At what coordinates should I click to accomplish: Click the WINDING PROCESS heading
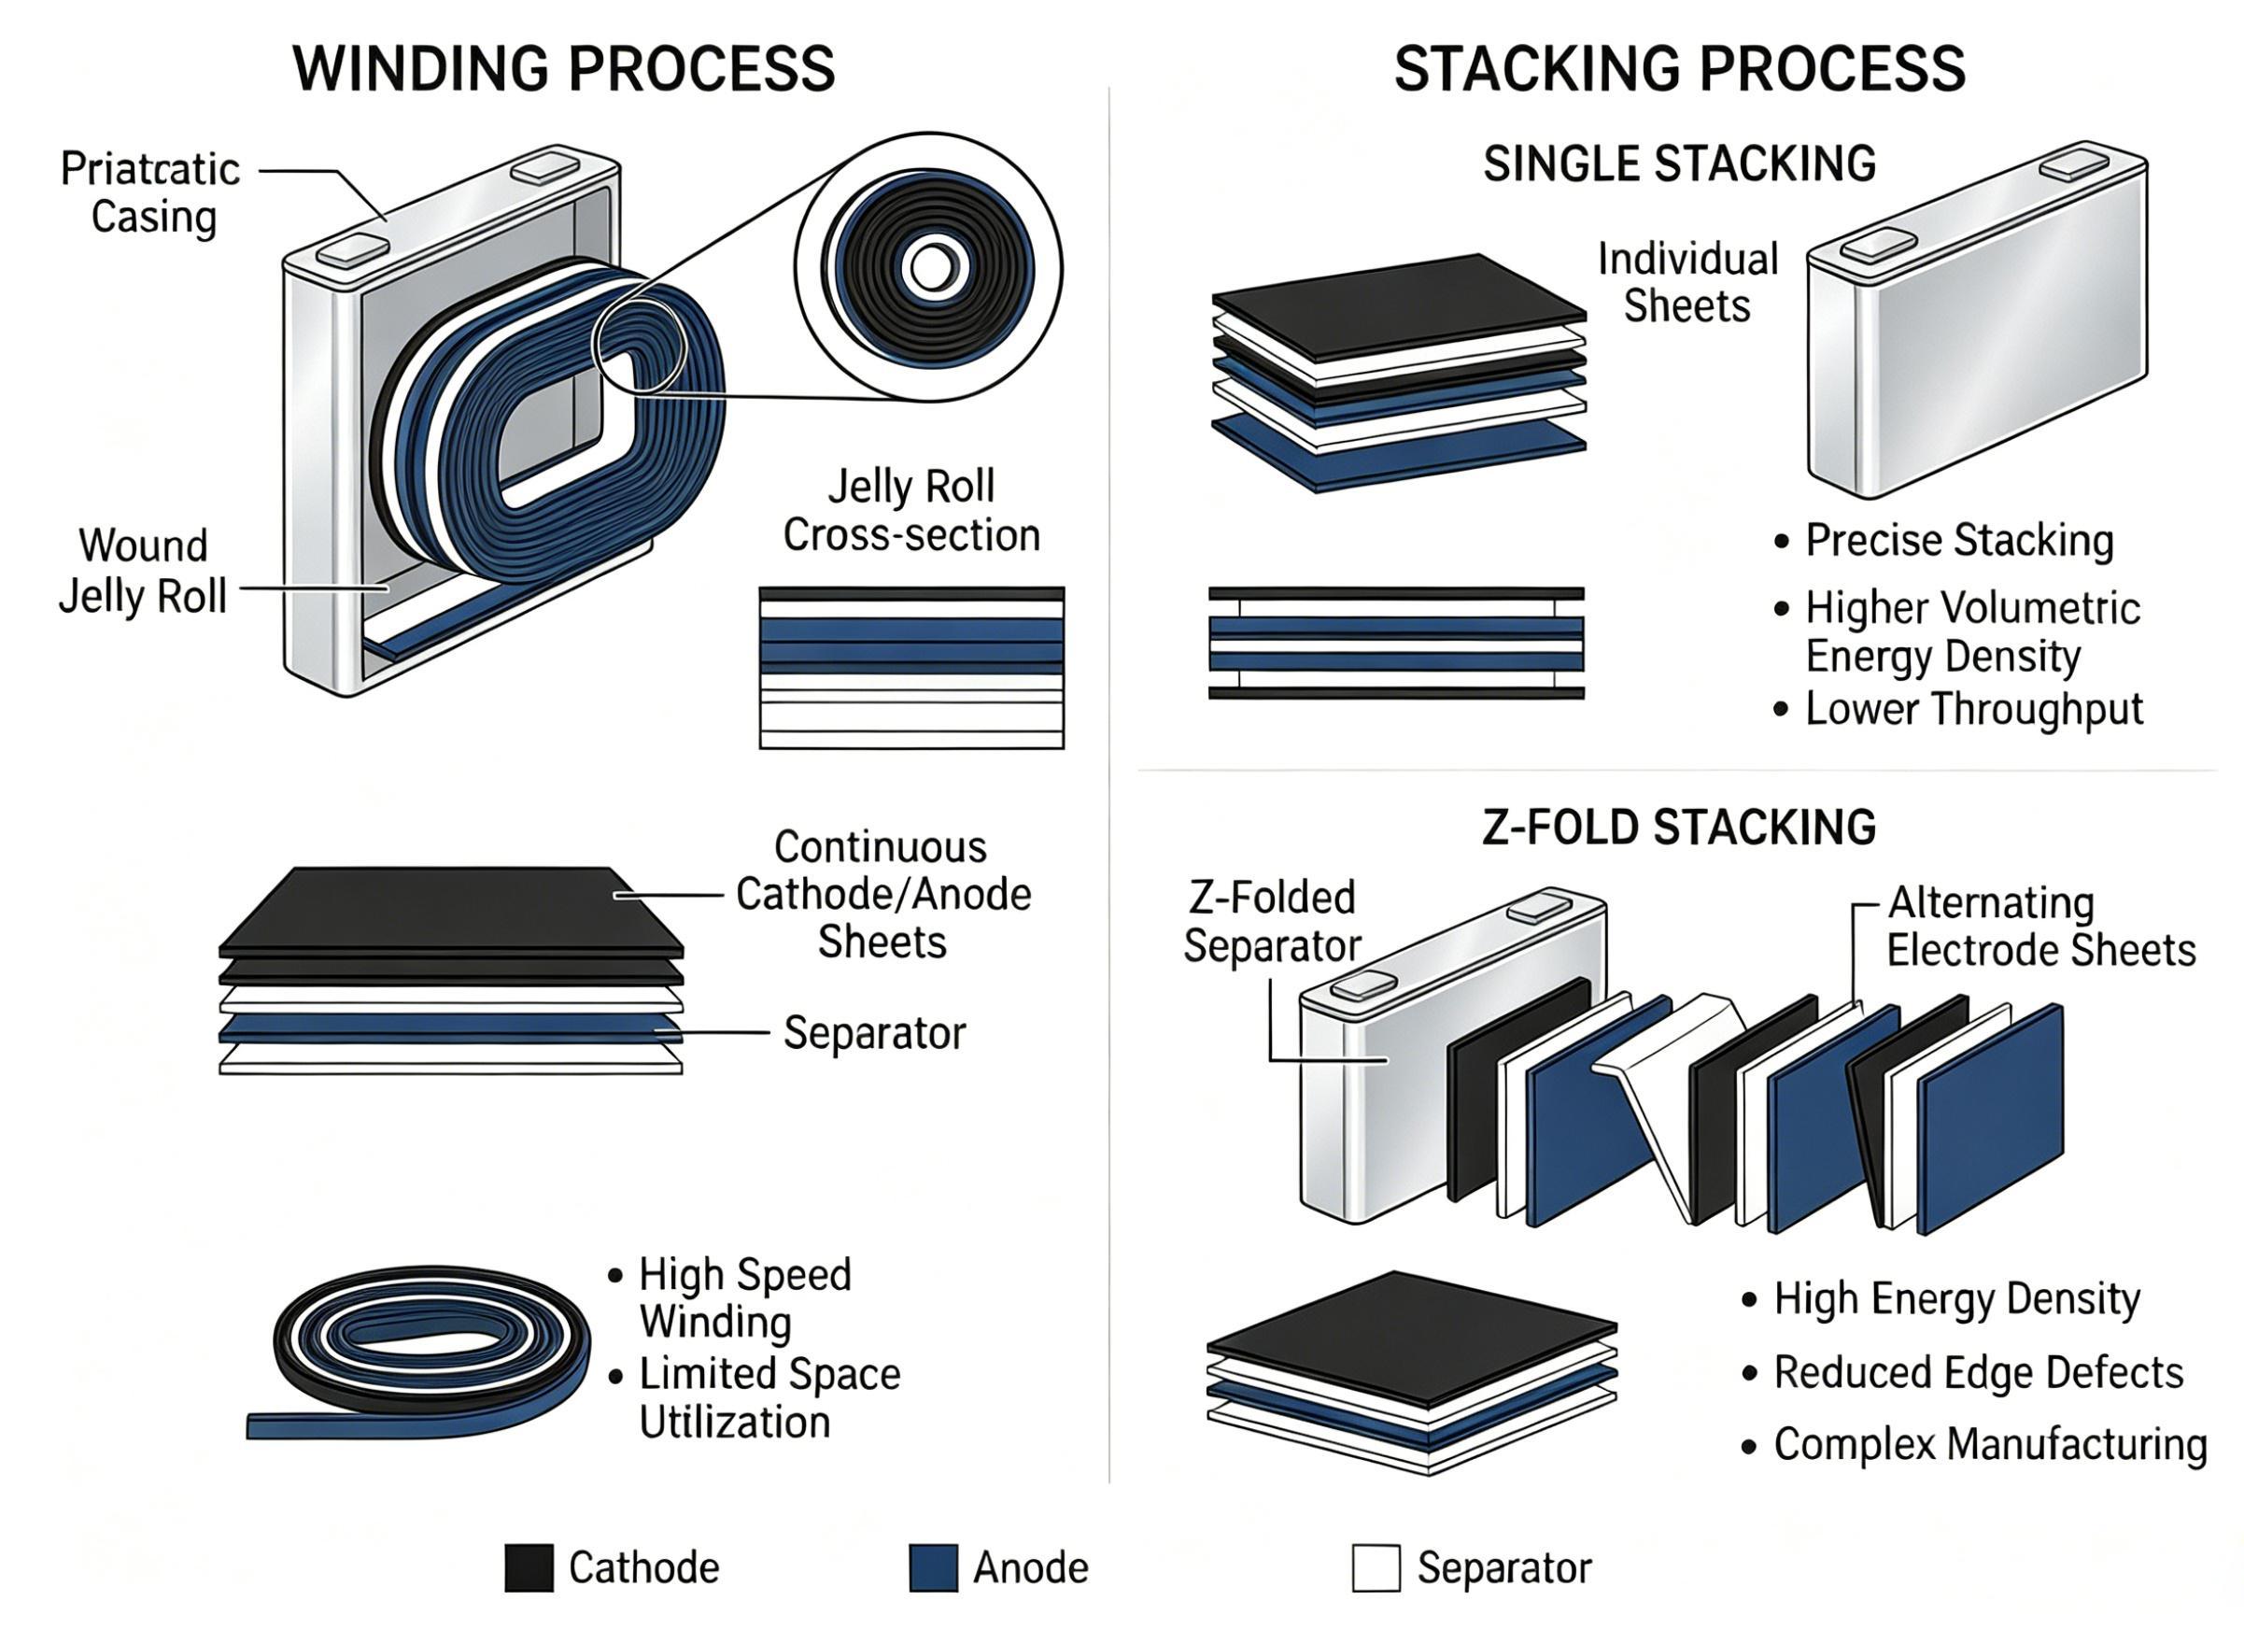point(564,68)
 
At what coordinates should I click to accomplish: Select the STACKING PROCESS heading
point(1679,68)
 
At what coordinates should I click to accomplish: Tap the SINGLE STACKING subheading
point(1679,163)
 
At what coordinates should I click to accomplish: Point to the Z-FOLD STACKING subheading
point(1679,827)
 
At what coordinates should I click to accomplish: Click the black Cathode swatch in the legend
point(529,1567)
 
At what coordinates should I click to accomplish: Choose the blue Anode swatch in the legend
point(933,1567)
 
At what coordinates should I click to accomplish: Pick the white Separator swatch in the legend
point(1376,1567)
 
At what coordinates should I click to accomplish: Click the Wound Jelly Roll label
point(144,571)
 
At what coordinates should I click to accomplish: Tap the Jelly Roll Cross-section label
point(911,511)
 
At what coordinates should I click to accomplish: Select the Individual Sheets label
point(1688,283)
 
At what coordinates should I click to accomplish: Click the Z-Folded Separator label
point(1273,921)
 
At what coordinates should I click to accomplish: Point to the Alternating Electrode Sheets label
point(2041,927)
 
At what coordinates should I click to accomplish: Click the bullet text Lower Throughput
point(1974,709)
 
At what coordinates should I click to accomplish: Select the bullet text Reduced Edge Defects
point(1979,1373)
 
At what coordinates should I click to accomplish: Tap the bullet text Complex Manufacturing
point(1991,1445)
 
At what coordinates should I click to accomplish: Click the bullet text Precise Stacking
point(1960,541)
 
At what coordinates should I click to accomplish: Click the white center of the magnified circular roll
point(931,267)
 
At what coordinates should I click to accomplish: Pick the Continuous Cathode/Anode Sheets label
point(883,895)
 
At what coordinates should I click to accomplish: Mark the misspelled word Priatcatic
point(150,169)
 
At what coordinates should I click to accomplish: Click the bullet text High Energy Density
point(1957,1298)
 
